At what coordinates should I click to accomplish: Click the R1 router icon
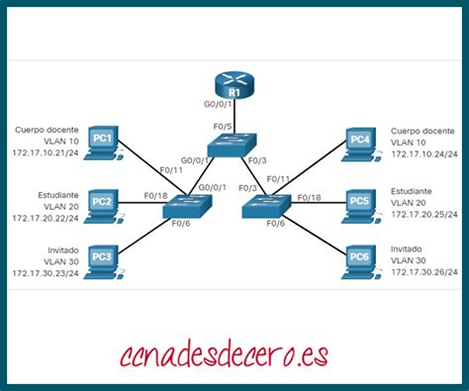point(235,88)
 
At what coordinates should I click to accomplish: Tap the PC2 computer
point(103,203)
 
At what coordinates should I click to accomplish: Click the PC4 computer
point(361,142)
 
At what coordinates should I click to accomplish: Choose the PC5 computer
point(361,204)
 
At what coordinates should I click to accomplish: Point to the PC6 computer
point(361,259)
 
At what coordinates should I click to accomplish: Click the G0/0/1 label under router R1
point(218,103)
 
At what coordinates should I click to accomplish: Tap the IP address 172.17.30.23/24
point(47,272)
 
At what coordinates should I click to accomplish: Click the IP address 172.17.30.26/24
point(424,273)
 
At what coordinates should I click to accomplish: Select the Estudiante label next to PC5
point(410,191)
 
